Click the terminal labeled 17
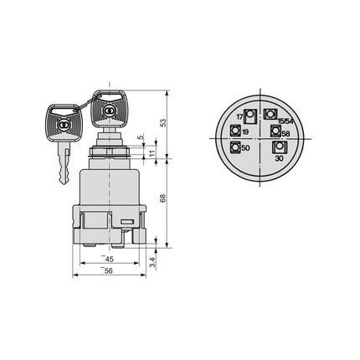(x=249, y=116)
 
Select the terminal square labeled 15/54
(x=270, y=115)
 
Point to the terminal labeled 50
(x=236, y=148)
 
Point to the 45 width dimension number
(x=109, y=259)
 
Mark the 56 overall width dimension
(x=109, y=271)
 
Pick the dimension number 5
(x=140, y=136)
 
